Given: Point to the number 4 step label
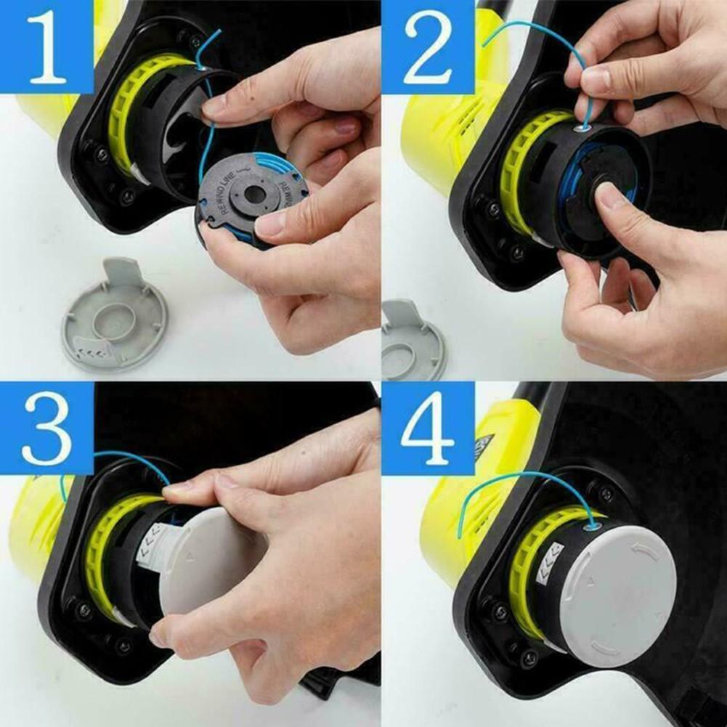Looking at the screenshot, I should (x=429, y=429).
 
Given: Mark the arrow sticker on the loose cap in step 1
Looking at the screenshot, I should (x=94, y=349).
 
